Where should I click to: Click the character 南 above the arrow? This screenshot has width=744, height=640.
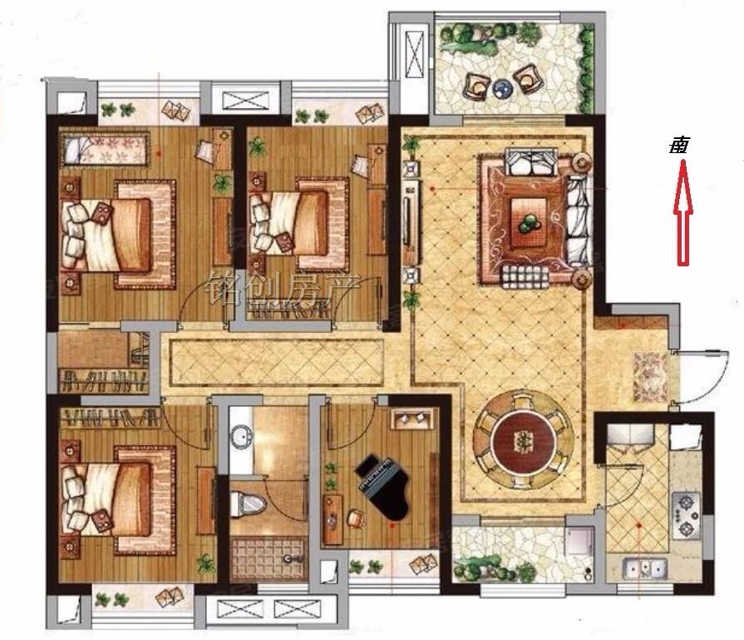pyautogui.click(x=679, y=146)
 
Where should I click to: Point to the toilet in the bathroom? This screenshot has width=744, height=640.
pyautogui.click(x=247, y=504)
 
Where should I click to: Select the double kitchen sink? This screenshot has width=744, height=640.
pyautogui.click(x=645, y=568)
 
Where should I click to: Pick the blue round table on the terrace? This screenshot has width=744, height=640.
pyautogui.click(x=501, y=87)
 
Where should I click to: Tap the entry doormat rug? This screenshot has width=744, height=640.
pyautogui.click(x=651, y=377)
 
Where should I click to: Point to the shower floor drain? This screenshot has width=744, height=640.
pyautogui.click(x=287, y=558)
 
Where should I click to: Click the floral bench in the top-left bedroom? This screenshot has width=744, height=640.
pyautogui.click(x=104, y=149)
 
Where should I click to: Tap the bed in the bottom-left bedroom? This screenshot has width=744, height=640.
pyautogui.click(x=118, y=500)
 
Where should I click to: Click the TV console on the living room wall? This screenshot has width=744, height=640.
pyautogui.click(x=411, y=222)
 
